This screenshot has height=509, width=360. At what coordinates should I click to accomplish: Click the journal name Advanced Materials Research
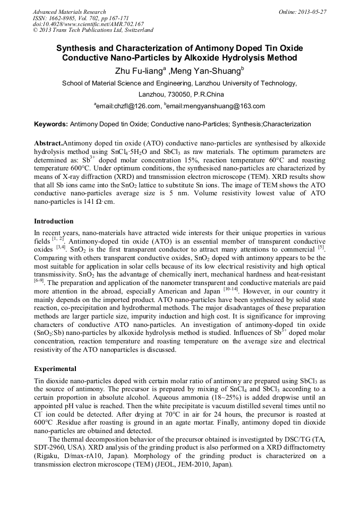69,12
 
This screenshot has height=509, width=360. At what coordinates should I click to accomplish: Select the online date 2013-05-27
311,12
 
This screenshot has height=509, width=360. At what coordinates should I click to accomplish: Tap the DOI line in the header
88,24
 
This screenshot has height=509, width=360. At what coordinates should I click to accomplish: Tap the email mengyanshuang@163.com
227,106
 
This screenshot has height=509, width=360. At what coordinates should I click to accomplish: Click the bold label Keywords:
51,125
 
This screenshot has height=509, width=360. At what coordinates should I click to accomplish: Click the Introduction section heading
54,221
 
